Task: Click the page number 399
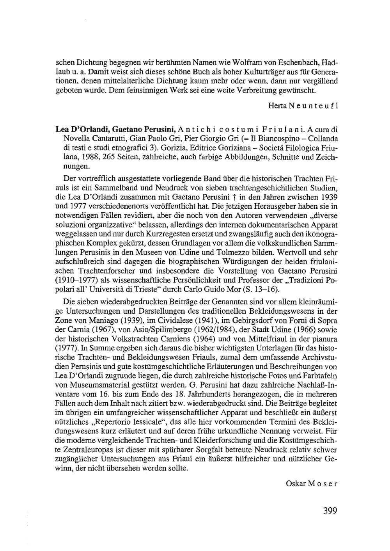point(330,511)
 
